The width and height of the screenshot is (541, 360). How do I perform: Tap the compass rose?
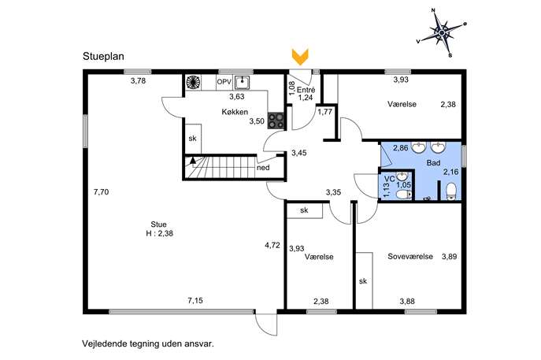click(x=442, y=32)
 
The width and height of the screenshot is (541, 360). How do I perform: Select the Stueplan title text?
click(x=103, y=56)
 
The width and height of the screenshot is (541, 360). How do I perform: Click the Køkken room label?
click(x=235, y=112)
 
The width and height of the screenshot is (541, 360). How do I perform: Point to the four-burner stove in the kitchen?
click(x=276, y=121)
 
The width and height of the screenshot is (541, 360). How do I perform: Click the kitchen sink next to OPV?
click(x=243, y=83)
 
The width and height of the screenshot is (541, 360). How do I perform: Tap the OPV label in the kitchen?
click(x=224, y=82)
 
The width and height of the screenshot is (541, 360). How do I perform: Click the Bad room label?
click(x=433, y=162)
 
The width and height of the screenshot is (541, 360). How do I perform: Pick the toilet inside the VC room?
click(x=403, y=195)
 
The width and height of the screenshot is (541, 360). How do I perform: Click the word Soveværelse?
click(x=410, y=257)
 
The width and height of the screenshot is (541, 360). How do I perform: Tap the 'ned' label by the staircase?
click(x=263, y=168)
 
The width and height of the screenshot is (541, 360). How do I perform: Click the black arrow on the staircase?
click(x=192, y=160)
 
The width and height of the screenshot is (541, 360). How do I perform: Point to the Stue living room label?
click(x=158, y=225)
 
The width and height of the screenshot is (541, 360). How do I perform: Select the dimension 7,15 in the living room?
click(x=195, y=301)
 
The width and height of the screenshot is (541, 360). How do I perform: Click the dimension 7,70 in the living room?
click(x=101, y=192)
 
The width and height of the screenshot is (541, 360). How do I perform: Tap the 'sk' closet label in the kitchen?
click(x=192, y=139)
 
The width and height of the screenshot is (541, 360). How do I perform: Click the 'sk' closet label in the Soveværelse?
click(x=363, y=281)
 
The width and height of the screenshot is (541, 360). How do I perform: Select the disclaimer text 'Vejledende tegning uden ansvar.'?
click(x=148, y=343)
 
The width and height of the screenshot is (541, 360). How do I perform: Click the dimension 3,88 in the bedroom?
click(x=407, y=302)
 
